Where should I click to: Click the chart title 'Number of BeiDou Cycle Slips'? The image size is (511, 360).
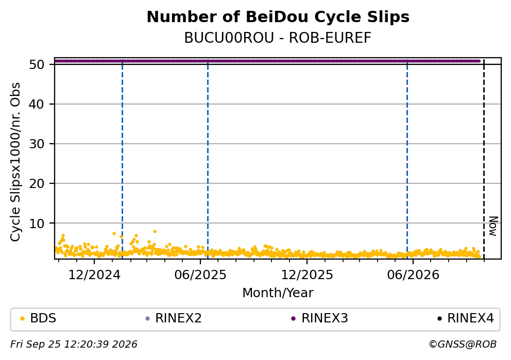278,17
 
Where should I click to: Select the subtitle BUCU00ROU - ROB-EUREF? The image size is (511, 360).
278,38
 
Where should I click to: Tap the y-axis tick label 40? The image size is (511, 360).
37,104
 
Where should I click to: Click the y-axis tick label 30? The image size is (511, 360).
37,144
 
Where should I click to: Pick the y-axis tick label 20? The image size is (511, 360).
37,183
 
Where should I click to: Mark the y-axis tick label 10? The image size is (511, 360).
37,223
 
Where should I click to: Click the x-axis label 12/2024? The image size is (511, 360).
94,275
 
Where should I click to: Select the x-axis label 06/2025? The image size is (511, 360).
200,275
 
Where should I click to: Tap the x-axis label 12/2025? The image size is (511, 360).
307,275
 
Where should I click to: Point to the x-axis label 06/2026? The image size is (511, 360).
413,275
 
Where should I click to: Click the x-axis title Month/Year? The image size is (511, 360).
278,293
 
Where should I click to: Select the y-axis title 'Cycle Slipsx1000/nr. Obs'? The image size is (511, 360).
15,162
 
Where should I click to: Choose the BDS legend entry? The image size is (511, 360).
39,318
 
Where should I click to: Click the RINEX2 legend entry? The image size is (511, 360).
174,318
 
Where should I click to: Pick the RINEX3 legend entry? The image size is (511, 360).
320,318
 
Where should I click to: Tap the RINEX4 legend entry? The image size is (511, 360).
466,318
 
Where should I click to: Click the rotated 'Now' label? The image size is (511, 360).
493,226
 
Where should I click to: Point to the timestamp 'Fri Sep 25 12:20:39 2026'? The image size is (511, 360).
74,345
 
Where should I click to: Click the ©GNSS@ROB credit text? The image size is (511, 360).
463,345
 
